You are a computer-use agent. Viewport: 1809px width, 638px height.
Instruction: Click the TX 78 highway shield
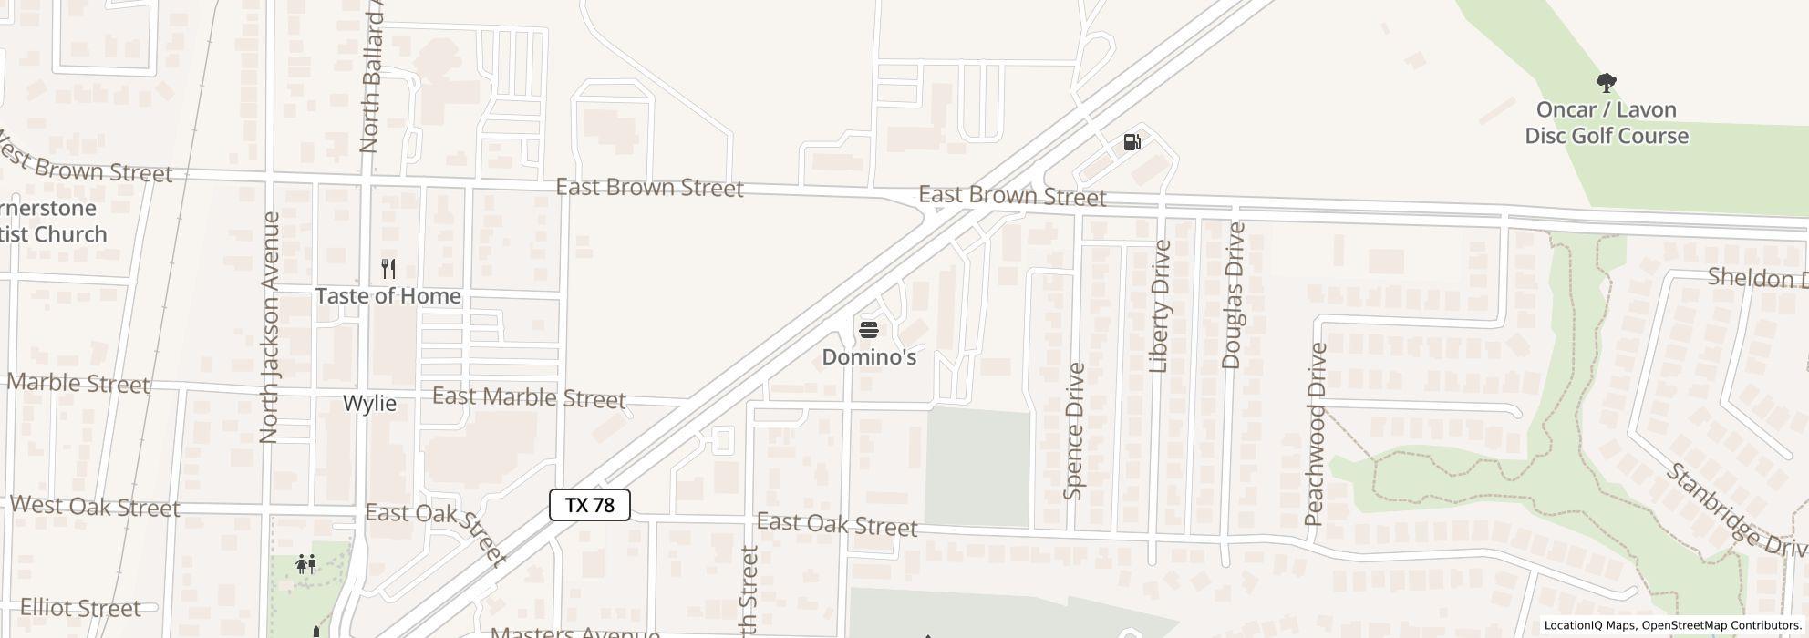click(589, 505)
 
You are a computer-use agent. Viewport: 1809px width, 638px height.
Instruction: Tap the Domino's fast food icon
click(868, 329)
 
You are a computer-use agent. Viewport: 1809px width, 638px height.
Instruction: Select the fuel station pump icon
click(1132, 142)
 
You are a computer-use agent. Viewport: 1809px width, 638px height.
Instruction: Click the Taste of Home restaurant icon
click(388, 269)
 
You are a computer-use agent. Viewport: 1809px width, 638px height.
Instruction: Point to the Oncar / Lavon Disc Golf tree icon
click(1607, 84)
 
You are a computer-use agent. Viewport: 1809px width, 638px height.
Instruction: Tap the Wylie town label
click(369, 404)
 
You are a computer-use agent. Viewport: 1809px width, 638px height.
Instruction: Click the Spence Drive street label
click(1074, 431)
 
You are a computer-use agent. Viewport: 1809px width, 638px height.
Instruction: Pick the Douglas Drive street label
click(1233, 295)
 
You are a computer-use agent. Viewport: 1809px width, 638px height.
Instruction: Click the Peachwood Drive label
click(1314, 435)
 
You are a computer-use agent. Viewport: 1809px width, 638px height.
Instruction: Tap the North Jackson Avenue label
click(269, 328)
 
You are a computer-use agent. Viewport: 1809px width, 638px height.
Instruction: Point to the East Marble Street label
click(529, 397)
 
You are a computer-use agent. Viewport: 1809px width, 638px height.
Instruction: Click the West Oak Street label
click(95, 507)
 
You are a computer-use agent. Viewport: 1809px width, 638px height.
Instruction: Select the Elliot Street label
click(80, 608)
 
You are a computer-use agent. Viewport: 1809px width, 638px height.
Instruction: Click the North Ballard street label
click(372, 87)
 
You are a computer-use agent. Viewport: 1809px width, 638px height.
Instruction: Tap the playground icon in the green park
click(306, 564)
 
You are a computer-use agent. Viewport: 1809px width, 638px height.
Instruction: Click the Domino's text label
click(869, 357)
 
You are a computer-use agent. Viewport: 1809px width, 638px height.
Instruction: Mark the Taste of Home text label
click(388, 296)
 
